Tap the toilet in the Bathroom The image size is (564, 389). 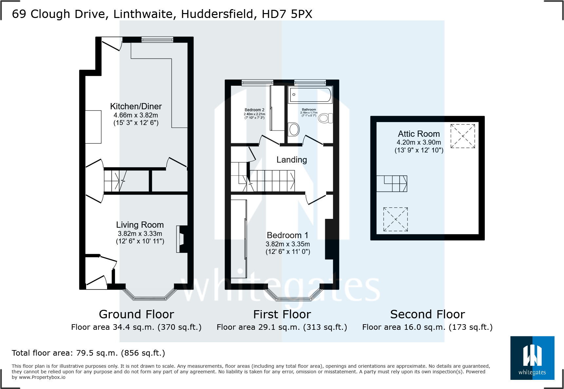point(325,118)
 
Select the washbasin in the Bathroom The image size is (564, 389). point(294,129)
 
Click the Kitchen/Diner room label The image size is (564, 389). point(136,106)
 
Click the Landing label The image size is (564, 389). point(291,160)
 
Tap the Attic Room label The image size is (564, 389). point(419,134)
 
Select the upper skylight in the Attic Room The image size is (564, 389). point(462,136)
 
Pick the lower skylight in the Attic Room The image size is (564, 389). point(395,219)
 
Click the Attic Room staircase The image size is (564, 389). point(392,184)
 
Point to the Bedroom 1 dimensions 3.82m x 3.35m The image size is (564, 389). point(288,244)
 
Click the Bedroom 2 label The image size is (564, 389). point(254,110)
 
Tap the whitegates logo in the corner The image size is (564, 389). point(532,358)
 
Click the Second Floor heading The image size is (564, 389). point(427,314)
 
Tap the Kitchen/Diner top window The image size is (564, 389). point(157,40)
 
